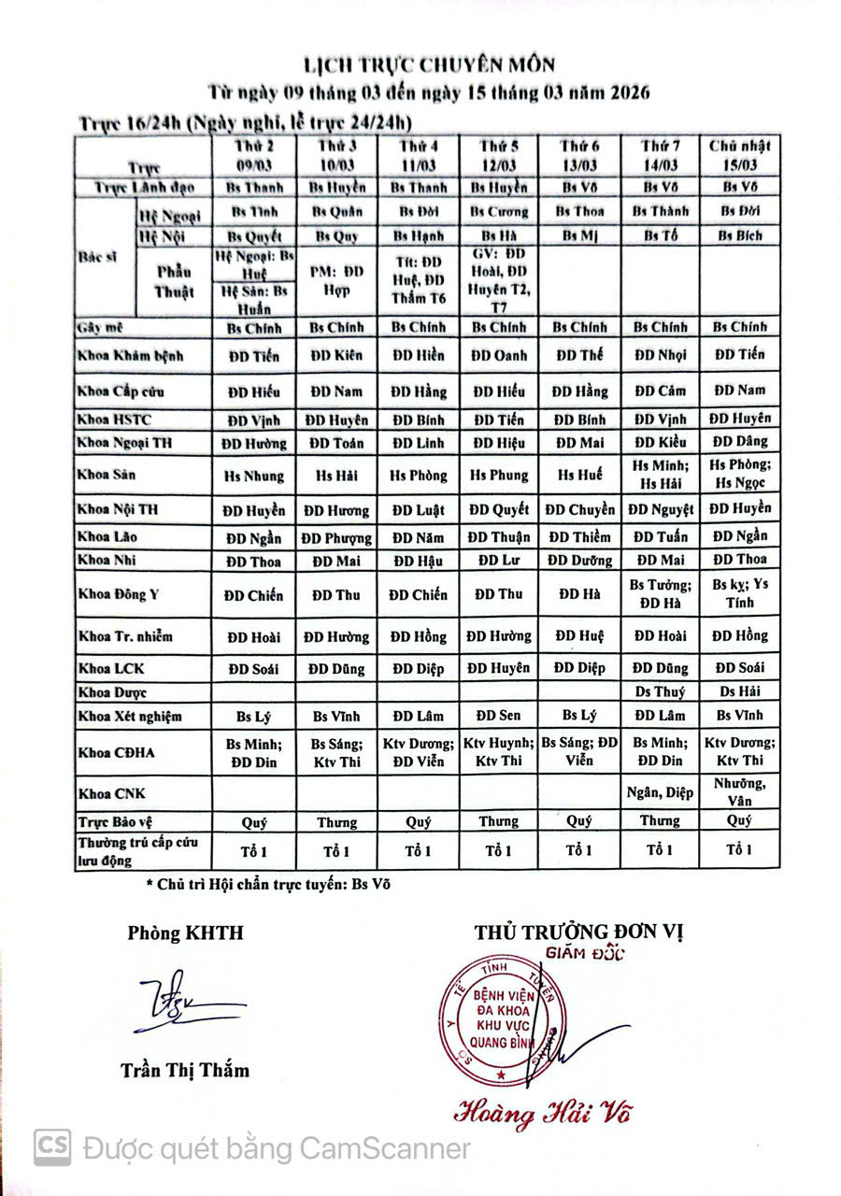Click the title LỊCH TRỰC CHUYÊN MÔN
point(430,65)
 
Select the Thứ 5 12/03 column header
point(499,156)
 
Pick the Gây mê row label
point(102,328)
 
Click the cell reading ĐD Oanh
point(499,355)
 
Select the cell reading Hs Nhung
point(254,475)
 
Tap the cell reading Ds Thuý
point(660,691)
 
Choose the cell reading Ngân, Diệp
point(660,793)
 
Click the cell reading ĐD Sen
point(499,715)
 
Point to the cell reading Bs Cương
point(499,211)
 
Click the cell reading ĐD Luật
point(418,510)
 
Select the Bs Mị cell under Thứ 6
point(579,235)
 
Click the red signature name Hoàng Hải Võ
point(535,1114)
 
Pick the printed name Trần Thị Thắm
point(185,1070)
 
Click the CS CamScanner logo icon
point(52,1147)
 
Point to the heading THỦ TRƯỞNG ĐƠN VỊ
point(579,933)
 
